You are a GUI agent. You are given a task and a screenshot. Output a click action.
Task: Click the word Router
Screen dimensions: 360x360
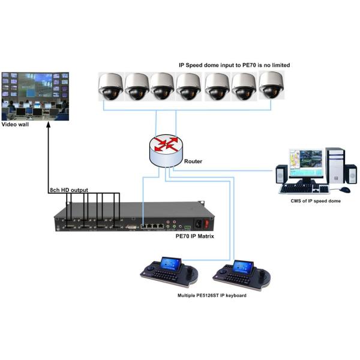pos(193,161)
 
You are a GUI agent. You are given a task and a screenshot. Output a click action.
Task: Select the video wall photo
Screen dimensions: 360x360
pos(35,96)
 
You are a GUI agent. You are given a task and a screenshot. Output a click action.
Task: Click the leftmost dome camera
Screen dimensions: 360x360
pos(112,86)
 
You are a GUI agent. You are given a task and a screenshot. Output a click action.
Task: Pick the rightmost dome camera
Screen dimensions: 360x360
pos(271,85)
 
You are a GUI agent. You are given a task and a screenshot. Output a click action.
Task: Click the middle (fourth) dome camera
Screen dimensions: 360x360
pos(188,86)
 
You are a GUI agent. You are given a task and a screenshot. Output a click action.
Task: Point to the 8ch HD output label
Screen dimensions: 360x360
pos(68,190)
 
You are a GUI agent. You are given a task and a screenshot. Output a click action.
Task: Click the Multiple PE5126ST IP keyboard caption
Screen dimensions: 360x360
pos(212,296)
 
